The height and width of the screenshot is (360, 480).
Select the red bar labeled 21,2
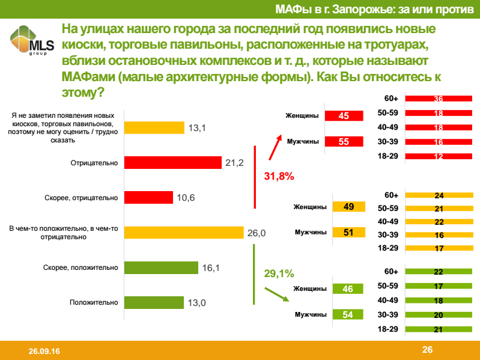[x=173, y=163]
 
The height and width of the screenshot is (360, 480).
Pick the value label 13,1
[x=198, y=127]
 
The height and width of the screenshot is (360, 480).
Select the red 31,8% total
[x=279, y=177]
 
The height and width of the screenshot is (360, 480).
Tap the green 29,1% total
[x=279, y=273]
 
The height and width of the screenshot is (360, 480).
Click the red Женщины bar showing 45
[x=344, y=116]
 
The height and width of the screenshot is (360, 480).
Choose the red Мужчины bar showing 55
[x=344, y=142]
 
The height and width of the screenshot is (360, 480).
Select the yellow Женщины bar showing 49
[x=348, y=207]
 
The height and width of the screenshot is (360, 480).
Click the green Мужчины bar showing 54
[x=348, y=314]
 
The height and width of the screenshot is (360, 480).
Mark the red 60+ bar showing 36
[x=438, y=99]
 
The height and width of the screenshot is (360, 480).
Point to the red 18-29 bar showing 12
[x=438, y=156]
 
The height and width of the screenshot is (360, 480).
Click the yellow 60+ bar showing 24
[x=438, y=195]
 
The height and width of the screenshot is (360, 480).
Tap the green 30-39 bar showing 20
[x=438, y=314]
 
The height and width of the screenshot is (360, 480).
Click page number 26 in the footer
[x=427, y=350]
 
